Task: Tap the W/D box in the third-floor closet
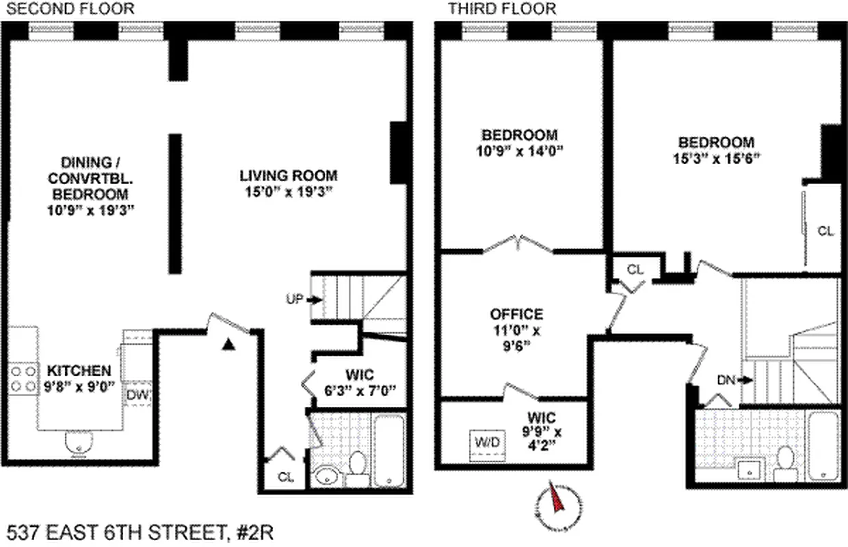tap(488, 442)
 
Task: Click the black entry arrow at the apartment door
tap(229, 344)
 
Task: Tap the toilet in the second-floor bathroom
tap(356, 464)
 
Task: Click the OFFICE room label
tap(517, 315)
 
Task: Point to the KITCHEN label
tap(79, 371)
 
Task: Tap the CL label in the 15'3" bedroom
tap(825, 232)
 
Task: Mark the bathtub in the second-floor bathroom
tap(388, 448)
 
